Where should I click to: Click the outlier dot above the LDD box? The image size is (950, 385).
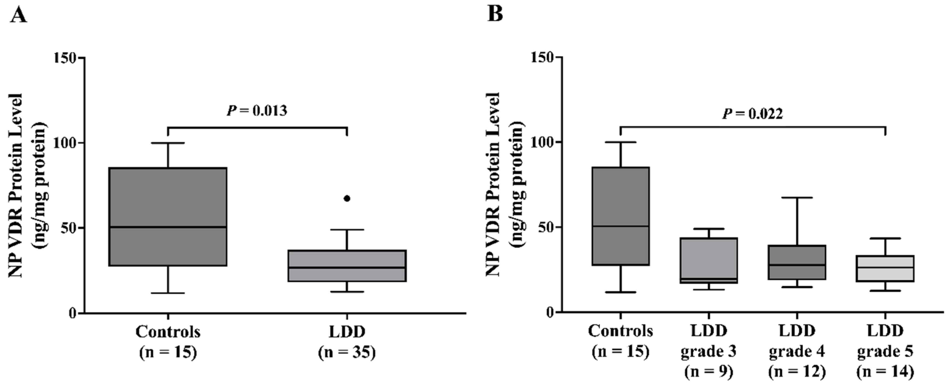point(347,199)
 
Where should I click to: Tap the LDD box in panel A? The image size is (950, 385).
point(347,266)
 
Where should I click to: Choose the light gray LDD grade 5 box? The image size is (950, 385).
point(885,268)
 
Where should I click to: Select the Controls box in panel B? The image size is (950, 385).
point(621,216)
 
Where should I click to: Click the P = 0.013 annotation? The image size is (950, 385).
point(257,111)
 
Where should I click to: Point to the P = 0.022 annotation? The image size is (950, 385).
point(752,114)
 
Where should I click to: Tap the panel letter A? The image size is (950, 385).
point(18,15)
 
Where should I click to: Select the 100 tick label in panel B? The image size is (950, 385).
point(542,142)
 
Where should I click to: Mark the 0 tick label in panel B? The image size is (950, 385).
point(550,312)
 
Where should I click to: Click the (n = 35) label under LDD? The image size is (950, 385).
point(347,352)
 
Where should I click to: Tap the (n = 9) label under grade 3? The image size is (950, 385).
point(709,372)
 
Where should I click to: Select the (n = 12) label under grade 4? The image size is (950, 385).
point(796,372)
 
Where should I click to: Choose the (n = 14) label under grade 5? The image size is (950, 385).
point(885,372)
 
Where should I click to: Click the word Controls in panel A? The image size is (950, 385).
point(168,332)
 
